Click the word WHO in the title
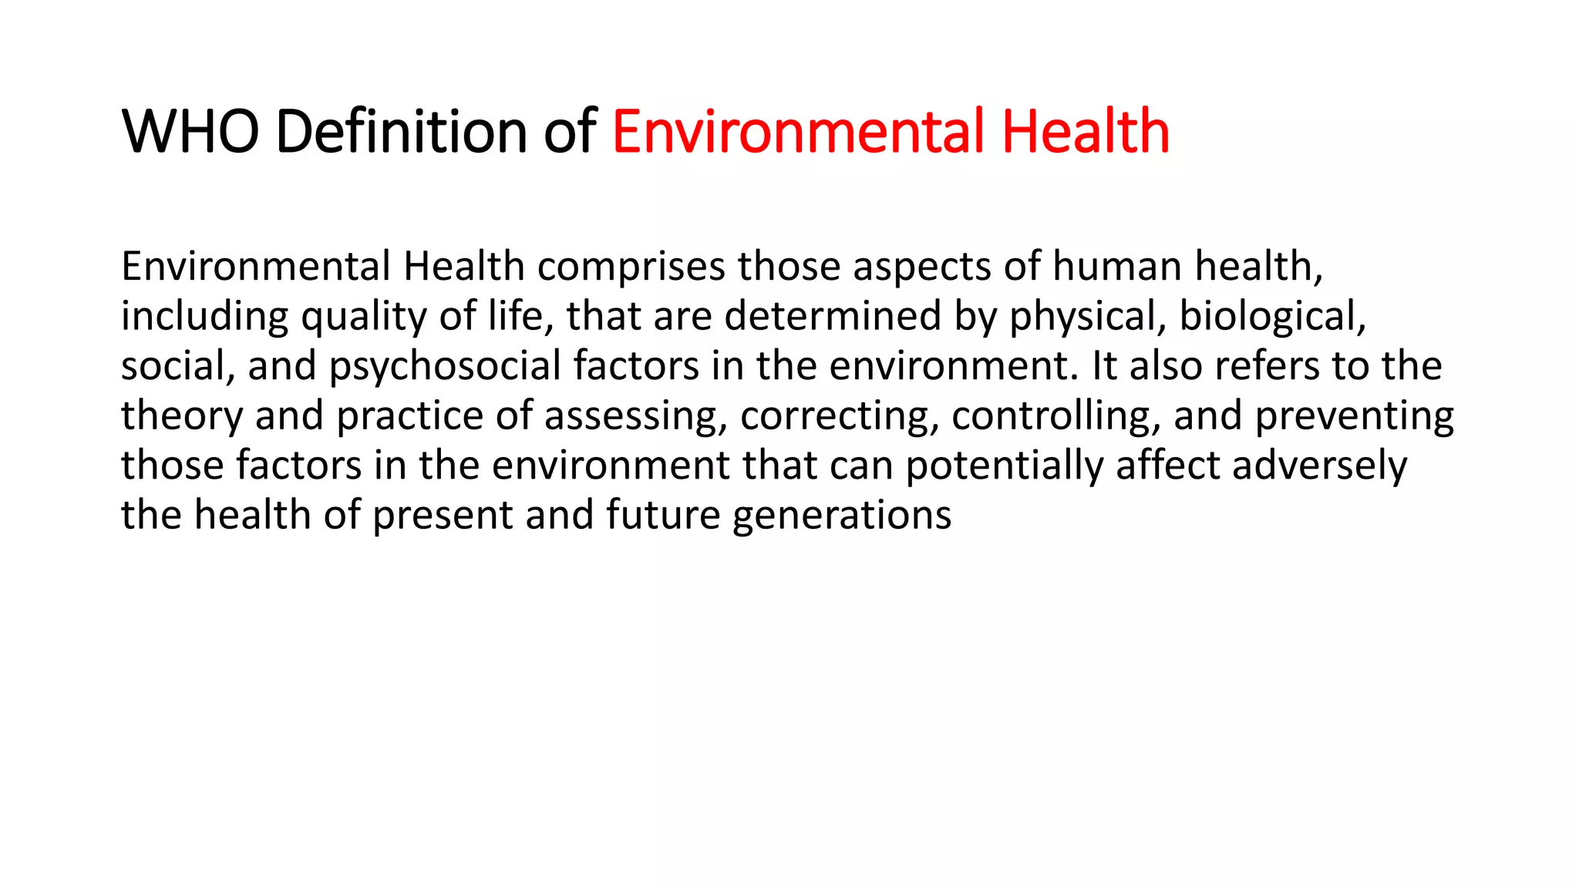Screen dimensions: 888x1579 tap(190, 131)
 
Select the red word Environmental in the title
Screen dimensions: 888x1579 tap(799, 131)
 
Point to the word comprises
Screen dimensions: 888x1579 tap(631, 267)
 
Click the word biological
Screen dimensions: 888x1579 tap(1272, 316)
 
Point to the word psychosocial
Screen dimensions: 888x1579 tap(445, 366)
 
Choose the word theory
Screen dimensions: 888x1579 tap(182, 416)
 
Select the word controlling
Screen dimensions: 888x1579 tap(1055, 416)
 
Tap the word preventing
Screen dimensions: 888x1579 tap(1354, 416)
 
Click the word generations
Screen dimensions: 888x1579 tap(842, 516)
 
